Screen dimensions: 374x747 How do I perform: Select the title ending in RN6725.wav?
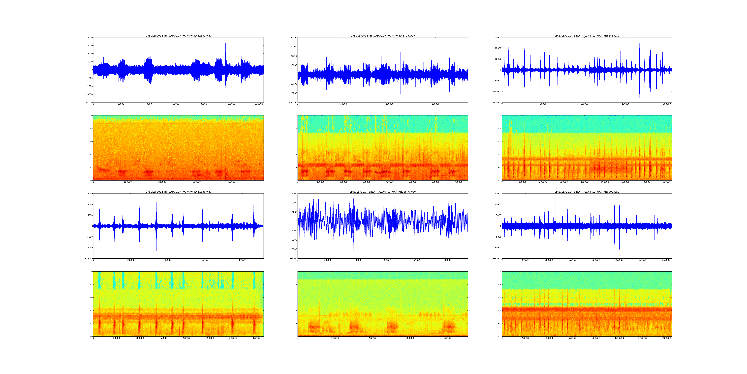[x=382, y=36]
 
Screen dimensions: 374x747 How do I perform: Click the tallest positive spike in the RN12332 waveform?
[x=225, y=40]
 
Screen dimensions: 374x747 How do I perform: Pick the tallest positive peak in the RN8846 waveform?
[x=639, y=44]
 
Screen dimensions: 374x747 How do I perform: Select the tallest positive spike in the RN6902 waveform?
[x=556, y=196]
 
